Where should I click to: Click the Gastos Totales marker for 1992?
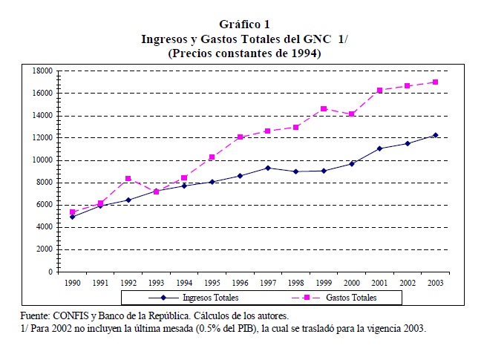pos(128,178)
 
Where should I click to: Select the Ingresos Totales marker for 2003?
pos(435,135)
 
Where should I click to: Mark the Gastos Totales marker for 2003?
pos(435,82)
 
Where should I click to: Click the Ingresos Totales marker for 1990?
pos(72,217)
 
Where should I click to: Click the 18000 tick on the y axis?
pos(42,71)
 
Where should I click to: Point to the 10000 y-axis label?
pos(42,160)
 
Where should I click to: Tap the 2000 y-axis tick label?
pos(44,249)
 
